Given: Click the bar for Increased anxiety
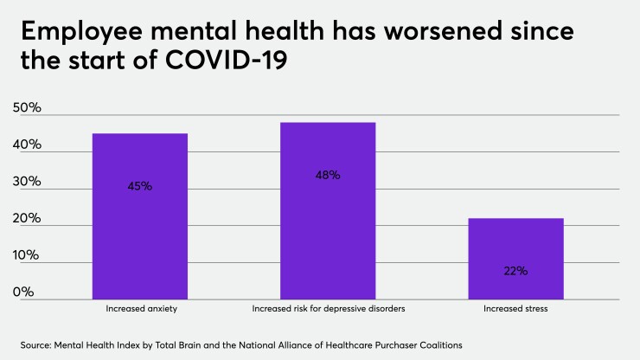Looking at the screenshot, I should [140, 216].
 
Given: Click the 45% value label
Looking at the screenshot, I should [139, 186].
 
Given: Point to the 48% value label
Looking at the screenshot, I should [328, 175].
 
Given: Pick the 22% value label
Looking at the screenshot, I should [515, 271].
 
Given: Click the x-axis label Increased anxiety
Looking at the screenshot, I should [140, 308].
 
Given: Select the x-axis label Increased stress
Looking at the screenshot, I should [515, 308].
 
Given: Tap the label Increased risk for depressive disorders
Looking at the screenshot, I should [328, 308].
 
